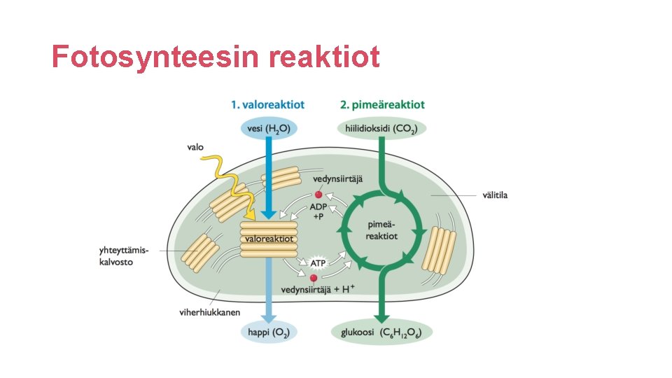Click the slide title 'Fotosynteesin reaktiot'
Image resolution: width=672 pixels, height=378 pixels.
[x=216, y=57]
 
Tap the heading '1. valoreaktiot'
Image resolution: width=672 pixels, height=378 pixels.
[x=268, y=105]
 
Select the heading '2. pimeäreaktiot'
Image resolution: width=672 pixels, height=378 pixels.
[x=382, y=105]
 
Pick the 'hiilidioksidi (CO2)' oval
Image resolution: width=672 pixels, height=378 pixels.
[x=382, y=129]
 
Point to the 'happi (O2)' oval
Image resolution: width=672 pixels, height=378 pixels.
[x=269, y=332]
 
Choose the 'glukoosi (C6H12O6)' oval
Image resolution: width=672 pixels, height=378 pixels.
[x=382, y=332]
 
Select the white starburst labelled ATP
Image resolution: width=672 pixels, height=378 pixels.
[x=318, y=262]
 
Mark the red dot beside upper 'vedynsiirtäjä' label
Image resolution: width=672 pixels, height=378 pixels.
[x=318, y=195]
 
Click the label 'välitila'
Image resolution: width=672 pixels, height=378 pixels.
[x=496, y=195]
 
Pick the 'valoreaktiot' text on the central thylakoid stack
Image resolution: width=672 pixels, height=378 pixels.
[x=269, y=239]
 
